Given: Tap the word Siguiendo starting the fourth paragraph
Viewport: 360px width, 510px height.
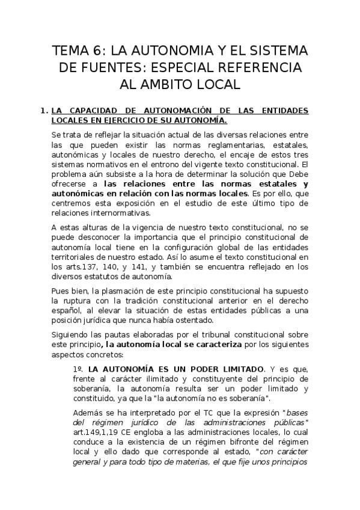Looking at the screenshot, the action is [x=70, y=335].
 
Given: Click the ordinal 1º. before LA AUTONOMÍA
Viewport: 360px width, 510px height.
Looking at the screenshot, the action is [x=77, y=368].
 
